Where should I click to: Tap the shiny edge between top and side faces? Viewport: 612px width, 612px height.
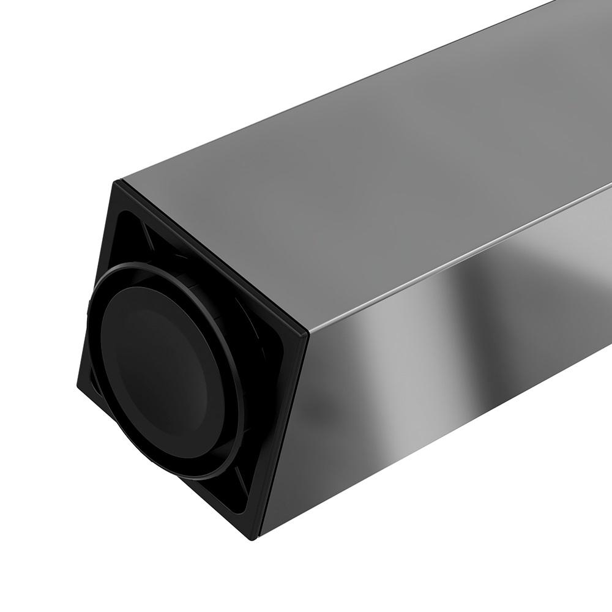(459, 257)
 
